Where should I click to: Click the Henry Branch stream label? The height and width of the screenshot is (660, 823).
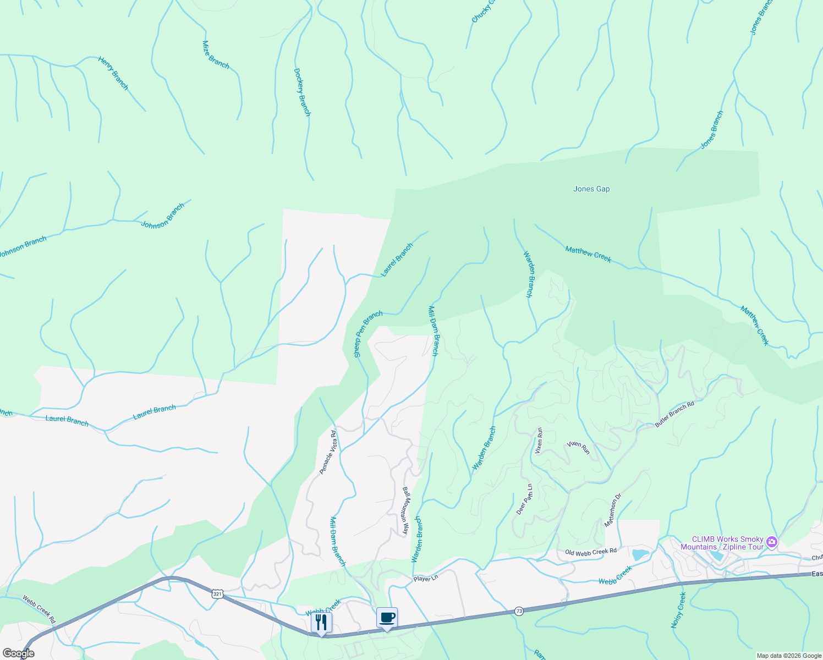click(113, 73)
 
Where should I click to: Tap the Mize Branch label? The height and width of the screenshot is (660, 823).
click(216, 54)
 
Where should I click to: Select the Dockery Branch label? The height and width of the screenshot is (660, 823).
click(302, 92)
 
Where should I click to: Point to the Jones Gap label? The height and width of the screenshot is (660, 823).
click(591, 189)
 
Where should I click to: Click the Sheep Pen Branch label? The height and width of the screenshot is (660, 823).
click(368, 334)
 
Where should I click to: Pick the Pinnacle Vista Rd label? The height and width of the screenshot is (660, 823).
click(328, 452)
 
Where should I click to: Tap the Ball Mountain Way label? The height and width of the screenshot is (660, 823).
click(406, 511)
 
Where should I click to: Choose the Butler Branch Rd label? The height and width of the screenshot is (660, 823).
click(674, 415)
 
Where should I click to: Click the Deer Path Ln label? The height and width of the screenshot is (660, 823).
click(525, 499)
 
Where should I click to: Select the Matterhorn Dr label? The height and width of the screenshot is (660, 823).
click(613, 510)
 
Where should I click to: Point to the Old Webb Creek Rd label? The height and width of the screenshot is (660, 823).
click(591, 551)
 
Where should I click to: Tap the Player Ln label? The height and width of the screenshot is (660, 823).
click(425, 579)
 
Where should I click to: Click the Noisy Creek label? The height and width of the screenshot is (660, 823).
click(678, 610)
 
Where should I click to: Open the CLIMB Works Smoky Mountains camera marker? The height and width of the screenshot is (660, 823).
click(772, 542)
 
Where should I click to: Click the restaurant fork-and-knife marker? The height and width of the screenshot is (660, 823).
click(321, 622)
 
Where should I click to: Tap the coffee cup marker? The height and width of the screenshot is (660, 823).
click(387, 617)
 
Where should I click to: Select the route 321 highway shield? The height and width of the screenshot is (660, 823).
click(217, 594)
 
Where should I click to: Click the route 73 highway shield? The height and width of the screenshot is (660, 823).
click(519, 611)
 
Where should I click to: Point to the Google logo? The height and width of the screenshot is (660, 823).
click(18, 653)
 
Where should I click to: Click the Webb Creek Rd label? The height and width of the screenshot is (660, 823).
click(40, 609)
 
